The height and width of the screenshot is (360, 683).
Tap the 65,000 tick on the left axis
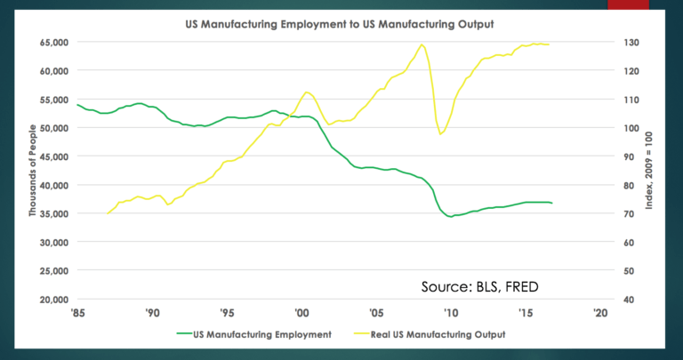(x=54, y=42)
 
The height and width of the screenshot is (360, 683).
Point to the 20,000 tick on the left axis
(x=54, y=299)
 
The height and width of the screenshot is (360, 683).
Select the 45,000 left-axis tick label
(x=54, y=156)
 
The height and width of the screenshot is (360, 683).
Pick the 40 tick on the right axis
(x=628, y=299)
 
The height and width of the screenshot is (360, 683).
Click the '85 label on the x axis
(x=78, y=313)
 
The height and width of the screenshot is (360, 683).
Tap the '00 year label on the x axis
(x=301, y=313)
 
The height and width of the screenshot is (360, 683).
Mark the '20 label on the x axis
(x=600, y=313)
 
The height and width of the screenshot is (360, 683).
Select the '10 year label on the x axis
(x=451, y=313)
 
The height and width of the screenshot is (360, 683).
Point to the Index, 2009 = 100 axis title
(x=650, y=171)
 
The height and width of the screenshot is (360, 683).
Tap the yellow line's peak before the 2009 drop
(x=422, y=44)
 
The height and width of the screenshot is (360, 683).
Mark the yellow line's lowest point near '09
(x=440, y=134)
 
